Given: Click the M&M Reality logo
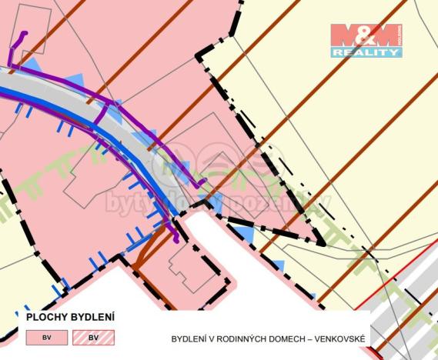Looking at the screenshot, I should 366,41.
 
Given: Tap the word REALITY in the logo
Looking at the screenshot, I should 366,52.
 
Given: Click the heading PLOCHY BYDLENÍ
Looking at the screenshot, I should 70,316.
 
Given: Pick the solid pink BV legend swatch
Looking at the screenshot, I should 47,337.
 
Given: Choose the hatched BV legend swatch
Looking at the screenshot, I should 93,337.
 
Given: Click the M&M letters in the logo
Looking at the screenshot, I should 366,35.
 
